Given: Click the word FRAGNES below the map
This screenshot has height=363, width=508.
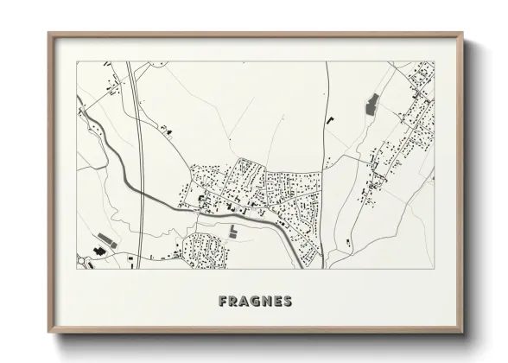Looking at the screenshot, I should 255,302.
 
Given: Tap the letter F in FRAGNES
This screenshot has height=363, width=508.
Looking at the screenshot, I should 224,302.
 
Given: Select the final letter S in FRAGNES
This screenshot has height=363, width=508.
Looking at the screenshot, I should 287,302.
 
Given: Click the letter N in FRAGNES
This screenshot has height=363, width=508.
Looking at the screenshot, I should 265,302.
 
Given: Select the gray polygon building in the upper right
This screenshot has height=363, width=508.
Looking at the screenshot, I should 373,105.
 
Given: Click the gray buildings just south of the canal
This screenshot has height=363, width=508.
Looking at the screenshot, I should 234,230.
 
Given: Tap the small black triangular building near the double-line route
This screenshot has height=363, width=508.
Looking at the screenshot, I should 168,130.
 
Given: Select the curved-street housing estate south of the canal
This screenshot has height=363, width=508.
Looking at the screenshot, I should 206,248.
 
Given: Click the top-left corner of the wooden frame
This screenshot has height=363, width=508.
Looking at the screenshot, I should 49,34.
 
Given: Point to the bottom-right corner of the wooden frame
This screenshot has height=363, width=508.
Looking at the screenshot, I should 464,334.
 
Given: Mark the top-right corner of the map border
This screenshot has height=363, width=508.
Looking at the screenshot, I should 434,62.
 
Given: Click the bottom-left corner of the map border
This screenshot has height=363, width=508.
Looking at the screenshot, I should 77,268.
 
